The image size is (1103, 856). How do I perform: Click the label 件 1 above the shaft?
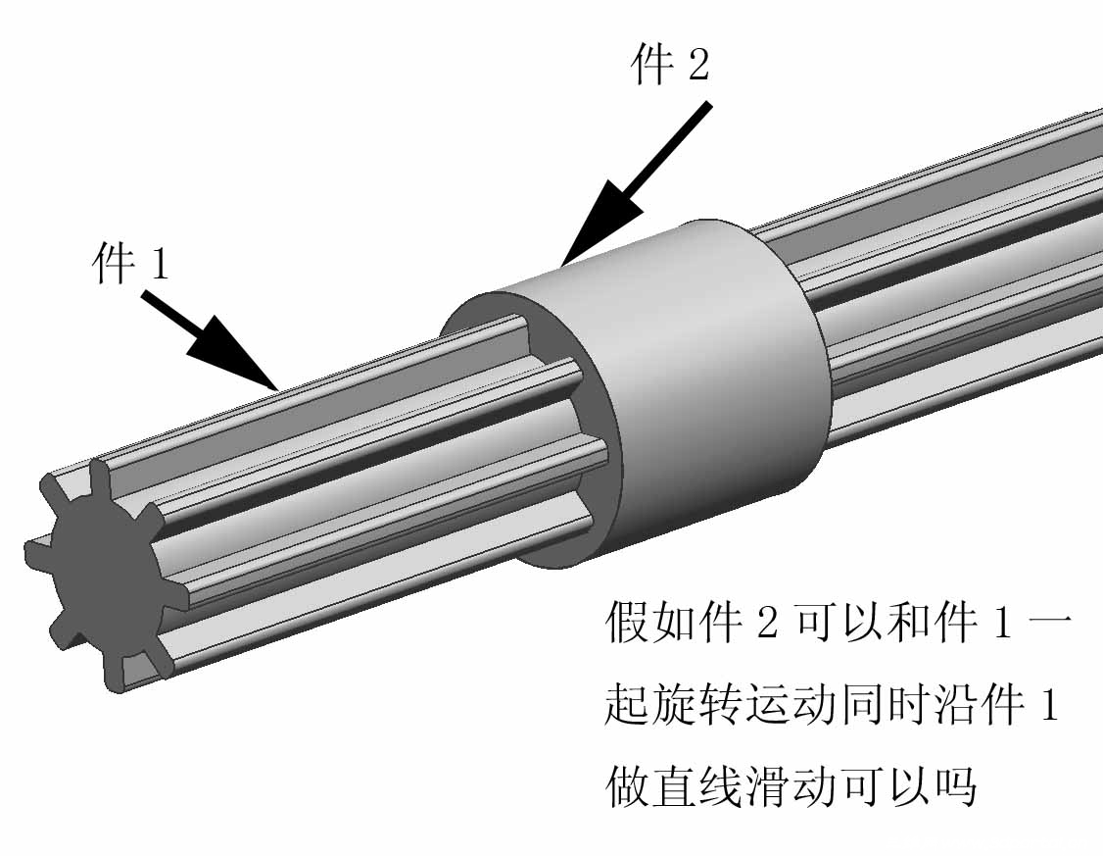click(x=131, y=264)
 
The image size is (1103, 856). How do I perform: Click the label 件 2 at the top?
click(x=669, y=63)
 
